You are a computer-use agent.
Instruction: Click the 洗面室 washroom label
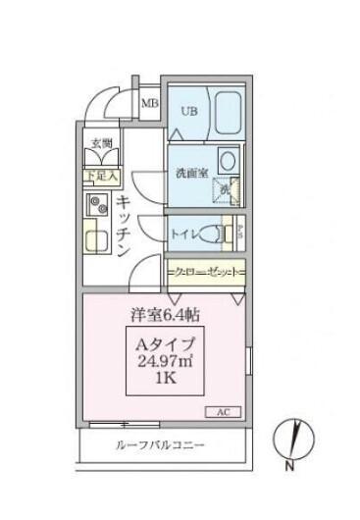point(191,173)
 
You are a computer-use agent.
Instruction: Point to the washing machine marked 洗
point(225,189)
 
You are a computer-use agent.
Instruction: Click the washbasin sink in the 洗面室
point(227,161)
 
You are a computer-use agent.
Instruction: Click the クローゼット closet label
point(204,268)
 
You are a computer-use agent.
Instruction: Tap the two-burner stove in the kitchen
point(98,206)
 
